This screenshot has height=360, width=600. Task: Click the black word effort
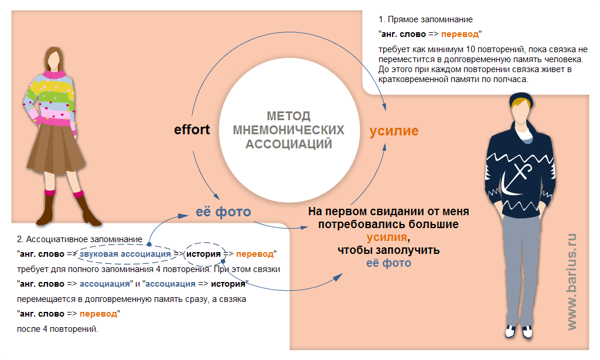[192, 130]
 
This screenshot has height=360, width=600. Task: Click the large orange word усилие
[394, 131]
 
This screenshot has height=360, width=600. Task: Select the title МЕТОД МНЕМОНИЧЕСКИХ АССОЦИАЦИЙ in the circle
[288, 130]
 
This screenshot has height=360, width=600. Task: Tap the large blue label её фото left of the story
[223, 212]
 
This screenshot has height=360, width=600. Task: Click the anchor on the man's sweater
[517, 179]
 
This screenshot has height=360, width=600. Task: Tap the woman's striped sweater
[50, 100]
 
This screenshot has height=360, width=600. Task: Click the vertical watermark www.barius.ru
[572, 281]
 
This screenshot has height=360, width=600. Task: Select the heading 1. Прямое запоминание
[425, 19]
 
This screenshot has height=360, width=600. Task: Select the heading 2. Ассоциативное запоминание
[80, 239]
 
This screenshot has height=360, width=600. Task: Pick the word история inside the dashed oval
[203, 254]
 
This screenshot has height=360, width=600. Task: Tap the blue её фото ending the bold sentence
[389, 263]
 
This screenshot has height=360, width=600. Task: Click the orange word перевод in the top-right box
[459, 34]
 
